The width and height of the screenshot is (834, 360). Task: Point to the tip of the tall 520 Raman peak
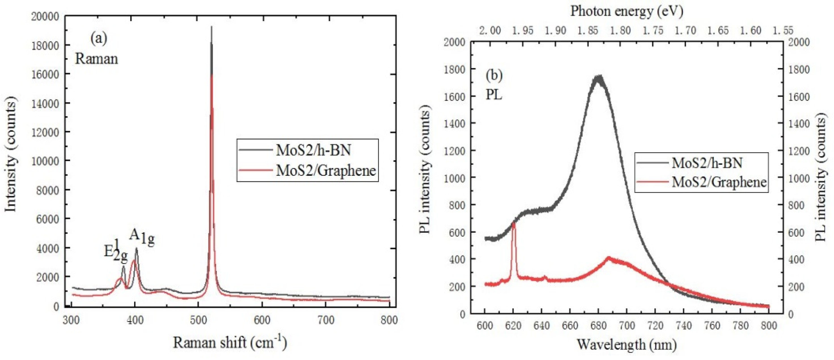tap(211, 27)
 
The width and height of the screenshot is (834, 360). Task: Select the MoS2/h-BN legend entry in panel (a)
tap(313, 150)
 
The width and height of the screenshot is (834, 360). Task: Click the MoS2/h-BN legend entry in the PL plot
tap(707, 162)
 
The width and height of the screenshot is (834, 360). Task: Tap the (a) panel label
tap(99, 39)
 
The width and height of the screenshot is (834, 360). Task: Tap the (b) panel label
tap(494, 75)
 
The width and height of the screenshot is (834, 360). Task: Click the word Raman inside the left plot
tap(96, 59)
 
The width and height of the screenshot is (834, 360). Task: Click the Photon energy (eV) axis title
tap(627, 11)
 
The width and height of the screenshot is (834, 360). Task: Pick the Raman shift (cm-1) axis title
tap(230, 342)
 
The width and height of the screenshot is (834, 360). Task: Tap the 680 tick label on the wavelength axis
tap(598, 325)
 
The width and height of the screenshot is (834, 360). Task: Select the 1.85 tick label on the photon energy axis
tap(588, 31)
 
